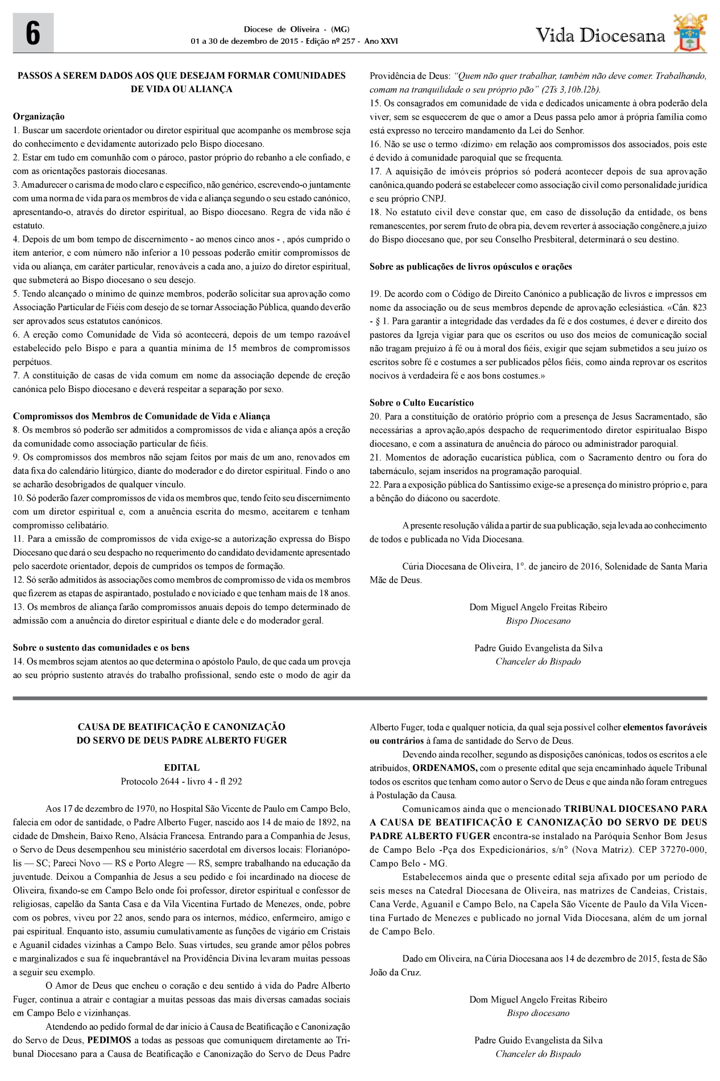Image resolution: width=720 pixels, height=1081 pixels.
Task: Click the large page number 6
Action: pos(33,34)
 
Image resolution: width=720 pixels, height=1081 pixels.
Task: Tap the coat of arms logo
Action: pos(690,33)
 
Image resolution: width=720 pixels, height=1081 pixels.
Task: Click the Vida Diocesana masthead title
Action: pos(600,36)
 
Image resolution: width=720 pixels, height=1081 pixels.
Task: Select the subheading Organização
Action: pos(39,117)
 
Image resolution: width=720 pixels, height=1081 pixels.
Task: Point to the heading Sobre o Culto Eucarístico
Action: pos(421,403)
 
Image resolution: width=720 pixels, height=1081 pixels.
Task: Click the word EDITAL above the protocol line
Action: pos(181,768)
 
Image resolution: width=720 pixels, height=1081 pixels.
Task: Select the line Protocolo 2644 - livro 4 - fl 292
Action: pos(181,781)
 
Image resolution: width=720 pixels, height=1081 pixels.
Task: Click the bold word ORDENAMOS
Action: pos(445,768)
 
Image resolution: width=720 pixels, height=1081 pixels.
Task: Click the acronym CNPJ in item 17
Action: pos(434,199)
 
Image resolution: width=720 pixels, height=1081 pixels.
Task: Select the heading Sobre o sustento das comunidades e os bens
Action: pos(101,647)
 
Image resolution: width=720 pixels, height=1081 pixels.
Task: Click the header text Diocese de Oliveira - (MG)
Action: pos(296,30)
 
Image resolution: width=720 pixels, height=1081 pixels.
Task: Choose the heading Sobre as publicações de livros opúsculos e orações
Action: pos(470,266)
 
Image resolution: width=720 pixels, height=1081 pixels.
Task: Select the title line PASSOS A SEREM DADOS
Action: pos(181,76)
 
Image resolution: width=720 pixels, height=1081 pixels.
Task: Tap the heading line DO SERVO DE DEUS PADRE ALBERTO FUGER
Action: pos(181,740)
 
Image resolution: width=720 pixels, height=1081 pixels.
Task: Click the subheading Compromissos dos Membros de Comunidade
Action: pos(141,416)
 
